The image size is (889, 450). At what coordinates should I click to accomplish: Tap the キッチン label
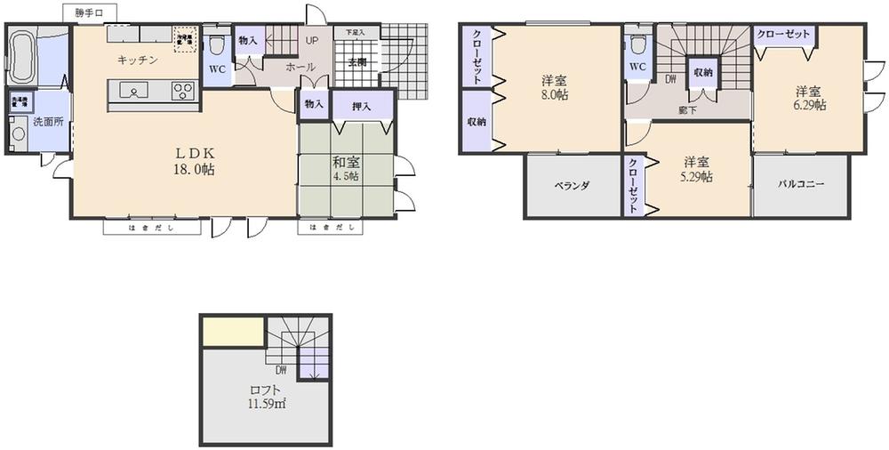tap(137, 60)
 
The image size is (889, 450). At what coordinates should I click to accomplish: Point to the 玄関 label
tap(357, 62)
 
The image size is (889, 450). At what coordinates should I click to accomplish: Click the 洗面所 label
tap(48, 123)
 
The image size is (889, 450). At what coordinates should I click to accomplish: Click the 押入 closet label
tap(361, 106)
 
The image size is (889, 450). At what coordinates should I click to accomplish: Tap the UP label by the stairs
tap(312, 41)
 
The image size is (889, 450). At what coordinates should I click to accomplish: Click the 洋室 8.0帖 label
tap(555, 87)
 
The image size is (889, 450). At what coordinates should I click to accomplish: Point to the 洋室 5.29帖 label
tap(697, 169)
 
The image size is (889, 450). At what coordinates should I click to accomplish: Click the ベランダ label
tap(572, 185)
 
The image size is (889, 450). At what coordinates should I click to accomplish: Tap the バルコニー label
tap(801, 185)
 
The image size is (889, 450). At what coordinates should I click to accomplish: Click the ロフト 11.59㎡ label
tap(266, 397)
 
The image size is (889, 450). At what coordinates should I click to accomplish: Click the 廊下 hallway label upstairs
tap(686, 109)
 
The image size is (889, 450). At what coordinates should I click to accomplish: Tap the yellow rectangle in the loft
tap(232, 333)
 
